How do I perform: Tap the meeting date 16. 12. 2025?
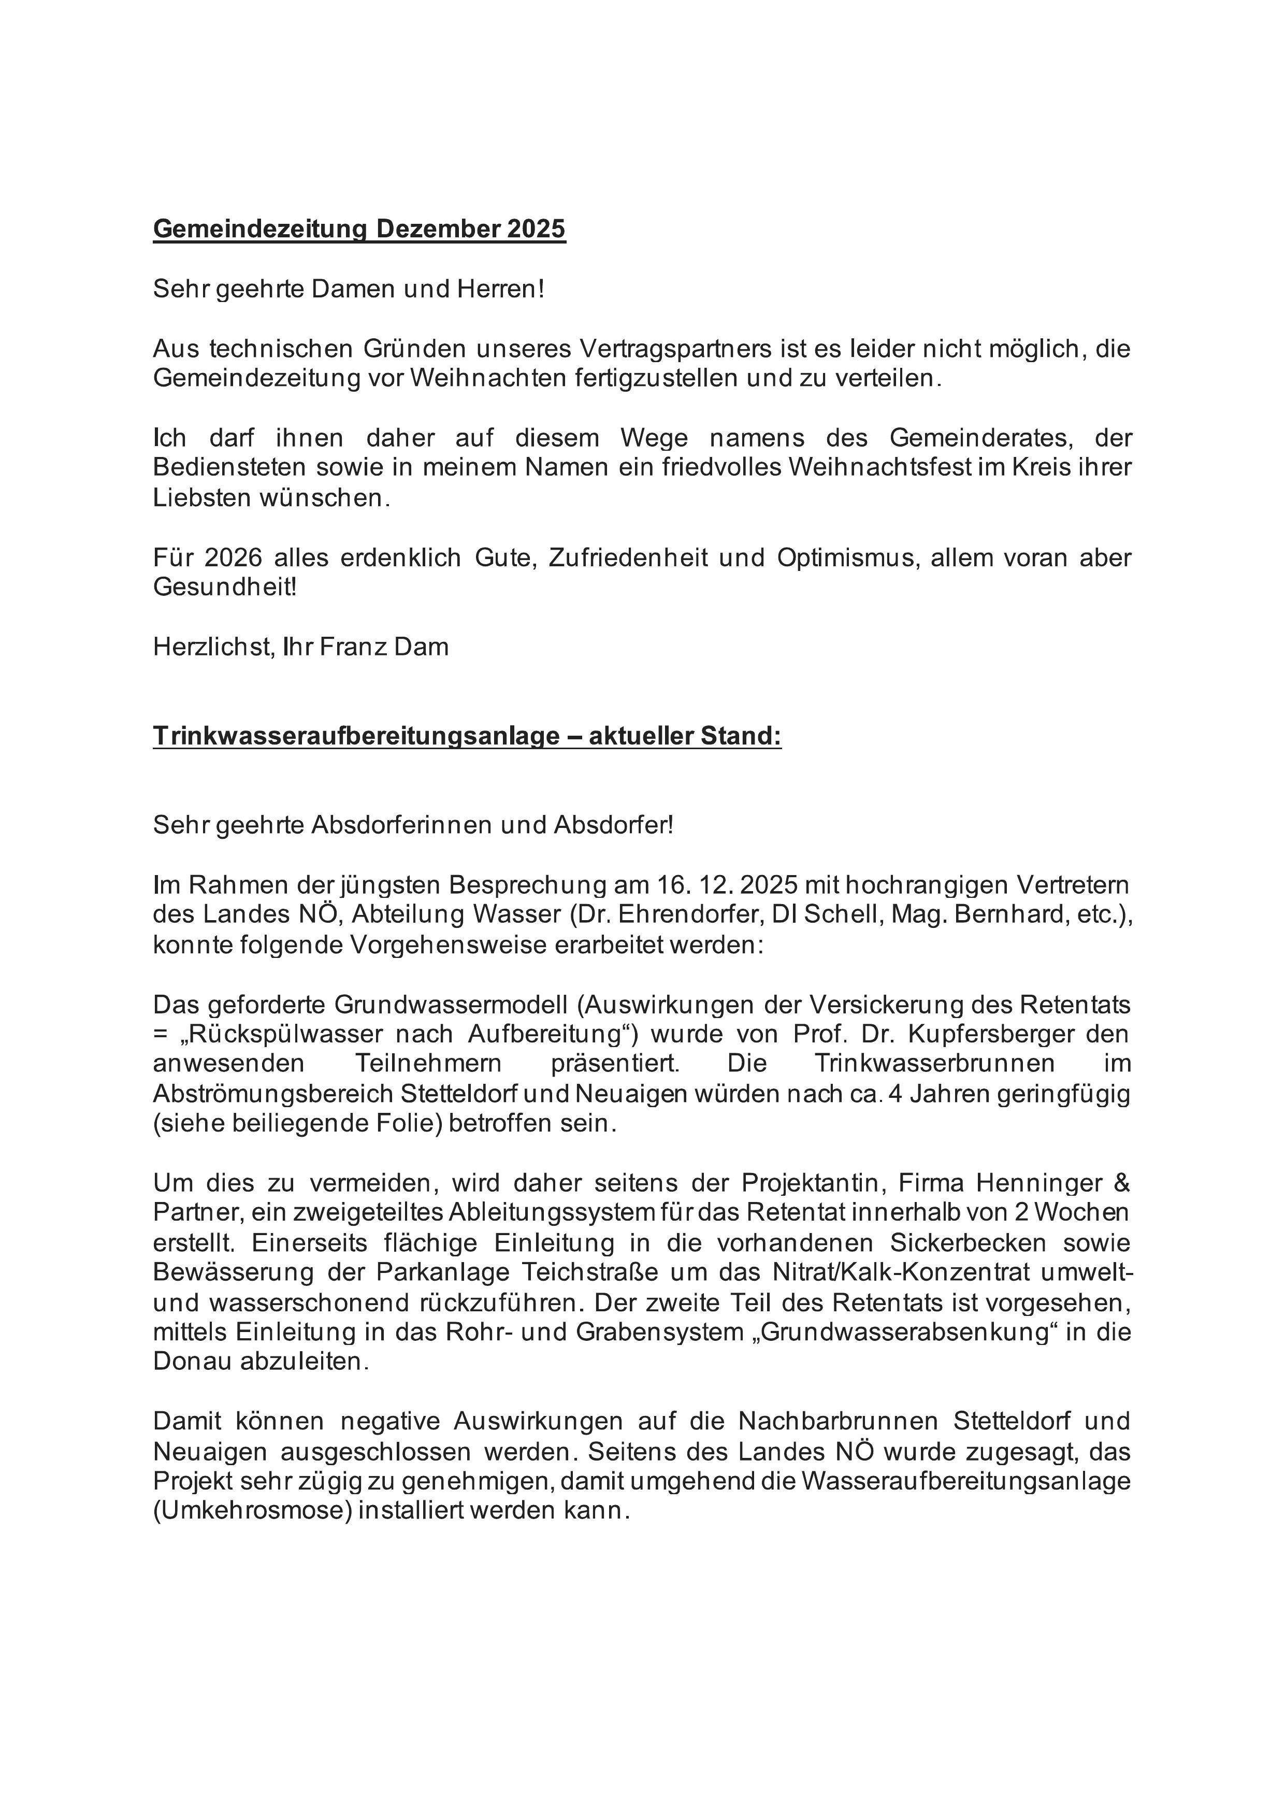click(727, 884)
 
